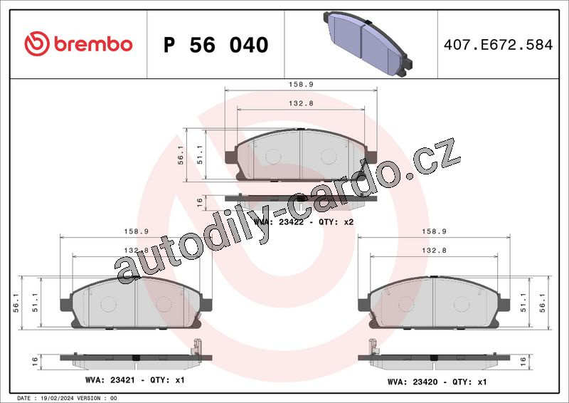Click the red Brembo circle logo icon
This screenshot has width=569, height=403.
[37, 43]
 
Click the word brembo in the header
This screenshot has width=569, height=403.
[93, 44]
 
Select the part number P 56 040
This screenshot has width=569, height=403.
[216, 45]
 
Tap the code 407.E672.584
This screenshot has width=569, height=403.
[499, 45]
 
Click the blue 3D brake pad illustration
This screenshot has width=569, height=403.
[368, 44]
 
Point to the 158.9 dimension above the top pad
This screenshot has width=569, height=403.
[301, 84]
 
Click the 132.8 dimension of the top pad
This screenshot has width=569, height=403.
[301, 103]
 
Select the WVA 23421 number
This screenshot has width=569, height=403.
[122, 380]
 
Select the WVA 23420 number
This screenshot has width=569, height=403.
[425, 382]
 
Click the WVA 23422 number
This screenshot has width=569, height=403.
[291, 222]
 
